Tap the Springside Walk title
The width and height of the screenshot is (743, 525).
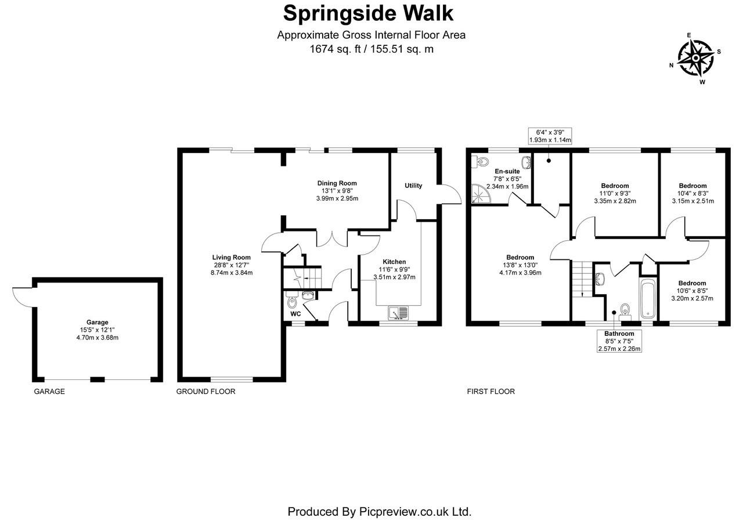369,12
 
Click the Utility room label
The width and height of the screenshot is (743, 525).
413,186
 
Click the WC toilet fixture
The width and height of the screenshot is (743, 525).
292,302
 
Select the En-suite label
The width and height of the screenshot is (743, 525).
507,171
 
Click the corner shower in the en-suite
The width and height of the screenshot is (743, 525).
480,194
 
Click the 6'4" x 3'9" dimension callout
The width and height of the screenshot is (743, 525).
550,136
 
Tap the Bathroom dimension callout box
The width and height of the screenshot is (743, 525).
619,341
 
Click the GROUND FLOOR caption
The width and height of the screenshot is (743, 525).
205,392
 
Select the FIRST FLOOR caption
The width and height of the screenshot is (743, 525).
490,392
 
